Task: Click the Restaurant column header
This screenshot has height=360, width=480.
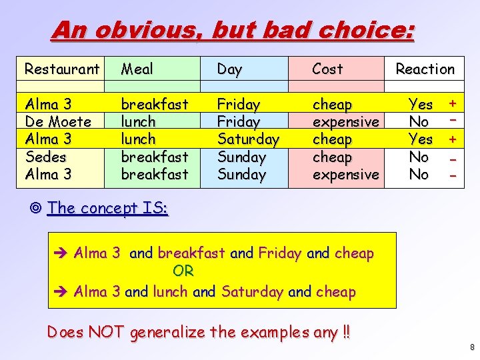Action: (61, 69)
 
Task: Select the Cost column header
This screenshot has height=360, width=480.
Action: (327, 69)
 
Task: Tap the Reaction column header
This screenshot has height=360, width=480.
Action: (425, 69)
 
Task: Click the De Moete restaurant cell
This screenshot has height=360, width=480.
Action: (57, 122)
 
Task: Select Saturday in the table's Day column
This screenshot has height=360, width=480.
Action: (248, 139)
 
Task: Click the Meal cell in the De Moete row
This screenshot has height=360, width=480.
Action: (137, 122)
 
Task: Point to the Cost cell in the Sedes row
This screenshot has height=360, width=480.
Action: (332, 157)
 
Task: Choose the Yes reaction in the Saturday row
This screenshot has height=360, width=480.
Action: (420, 139)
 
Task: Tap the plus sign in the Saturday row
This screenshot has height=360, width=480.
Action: (453, 139)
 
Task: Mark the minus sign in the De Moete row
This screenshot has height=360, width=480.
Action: (453, 121)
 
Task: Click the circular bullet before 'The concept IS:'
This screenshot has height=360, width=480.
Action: (36, 208)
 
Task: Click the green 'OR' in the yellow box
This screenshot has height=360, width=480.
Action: (183, 271)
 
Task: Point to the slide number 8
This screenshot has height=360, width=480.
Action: (471, 347)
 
